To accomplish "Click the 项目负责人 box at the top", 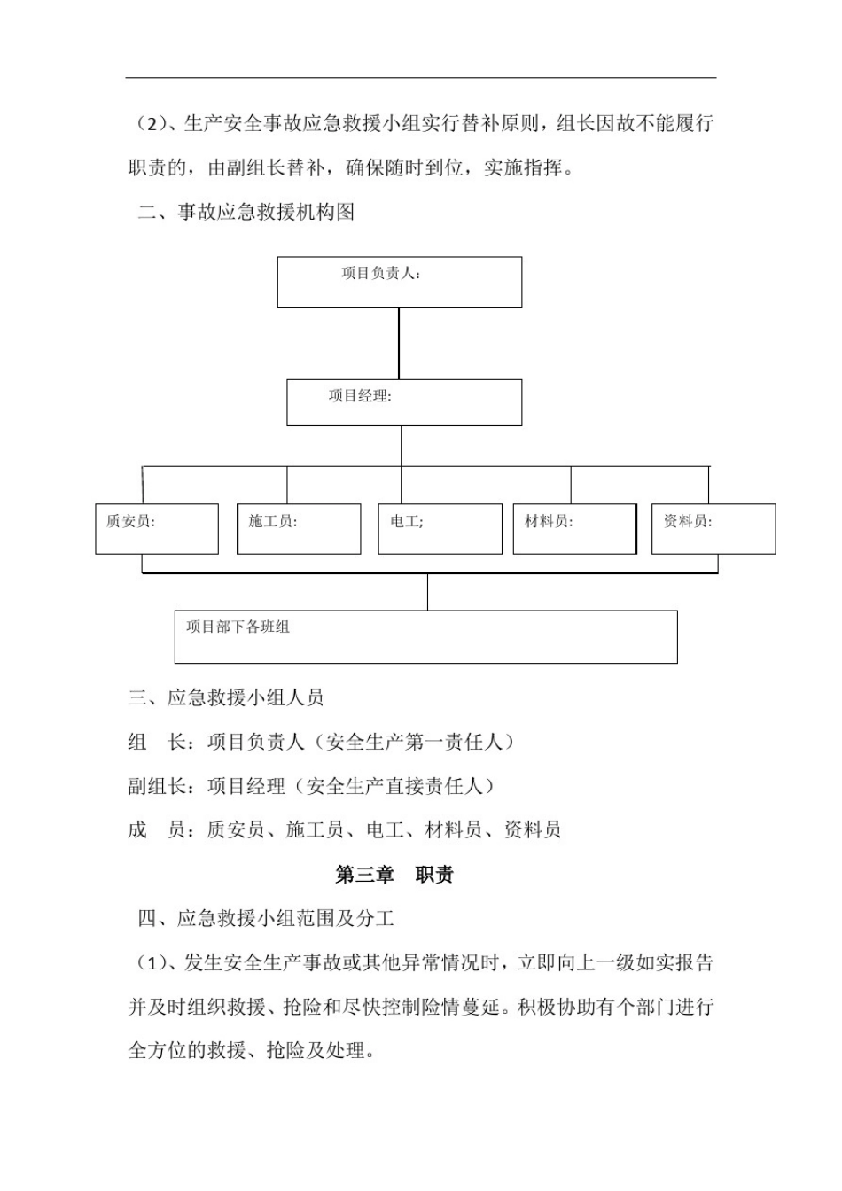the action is [399, 283].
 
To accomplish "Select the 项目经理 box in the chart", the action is [403, 403].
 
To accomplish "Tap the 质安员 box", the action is [157, 529].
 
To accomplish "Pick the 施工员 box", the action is [299, 529].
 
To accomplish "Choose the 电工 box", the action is [440, 529].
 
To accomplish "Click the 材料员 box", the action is [574, 529].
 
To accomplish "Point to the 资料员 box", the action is [713, 529].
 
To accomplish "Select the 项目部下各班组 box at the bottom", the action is [425, 636].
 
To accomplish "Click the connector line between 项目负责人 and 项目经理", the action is [399, 344].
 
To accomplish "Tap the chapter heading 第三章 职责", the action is [394, 875].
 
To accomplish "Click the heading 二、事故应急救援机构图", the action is [246, 212].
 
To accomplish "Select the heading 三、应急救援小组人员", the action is [226, 697].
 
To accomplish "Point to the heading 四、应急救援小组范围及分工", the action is [266, 918].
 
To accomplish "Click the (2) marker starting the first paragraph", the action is [147, 124].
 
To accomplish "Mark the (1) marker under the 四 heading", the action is [147, 962].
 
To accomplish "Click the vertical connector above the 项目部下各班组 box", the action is [427, 592].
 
